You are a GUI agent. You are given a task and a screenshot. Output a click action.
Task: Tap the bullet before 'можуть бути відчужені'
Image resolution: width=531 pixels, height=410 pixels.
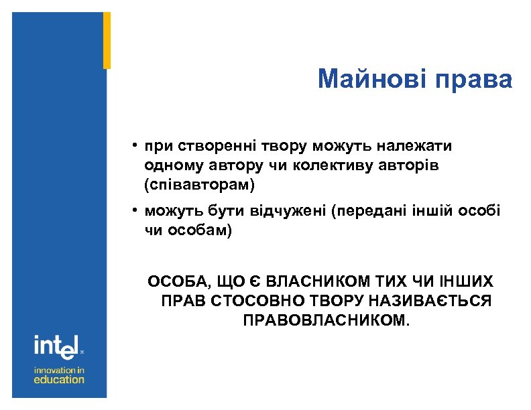[x=135, y=211]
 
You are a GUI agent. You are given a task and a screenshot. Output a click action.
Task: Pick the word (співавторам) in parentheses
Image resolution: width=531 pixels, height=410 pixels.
[x=199, y=182]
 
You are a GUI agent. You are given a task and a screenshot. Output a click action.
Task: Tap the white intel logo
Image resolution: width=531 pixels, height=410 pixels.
[x=57, y=347]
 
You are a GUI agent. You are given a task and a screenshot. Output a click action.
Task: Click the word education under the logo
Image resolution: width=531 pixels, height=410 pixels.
[x=60, y=379]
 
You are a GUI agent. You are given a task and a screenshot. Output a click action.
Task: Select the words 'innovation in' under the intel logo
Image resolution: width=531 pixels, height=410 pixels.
[x=60, y=369]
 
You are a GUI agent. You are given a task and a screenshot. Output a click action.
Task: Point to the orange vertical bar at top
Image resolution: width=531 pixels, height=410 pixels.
[x=107, y=40]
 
